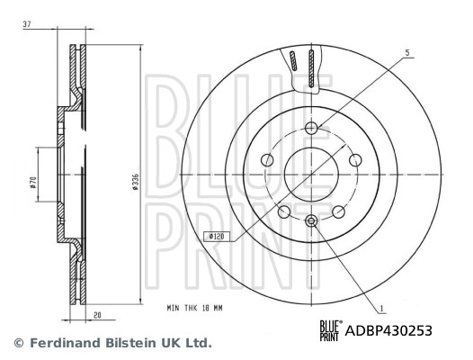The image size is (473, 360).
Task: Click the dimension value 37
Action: [28, 25]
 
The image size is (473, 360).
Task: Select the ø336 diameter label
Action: [135, 181]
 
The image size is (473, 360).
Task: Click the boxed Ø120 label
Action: [216, 236]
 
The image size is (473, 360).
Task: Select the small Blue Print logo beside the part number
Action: [331, 331]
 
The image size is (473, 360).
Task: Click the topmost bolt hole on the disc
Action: [311, 128]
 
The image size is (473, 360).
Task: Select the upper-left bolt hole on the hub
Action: [267, 159]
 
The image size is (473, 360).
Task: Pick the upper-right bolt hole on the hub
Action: [355, 159]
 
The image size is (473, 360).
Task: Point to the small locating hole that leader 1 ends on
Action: [311, 221]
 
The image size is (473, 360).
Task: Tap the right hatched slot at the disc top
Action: [311, 68]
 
